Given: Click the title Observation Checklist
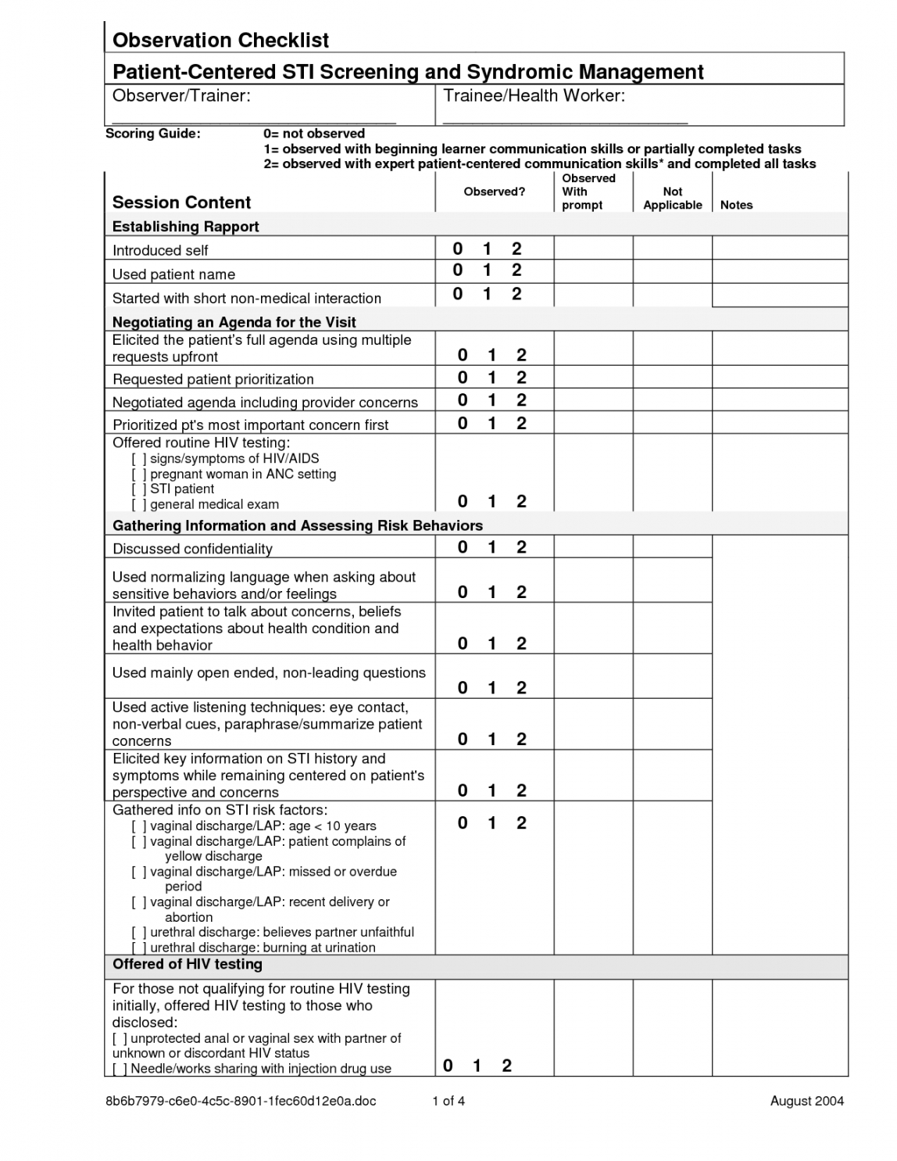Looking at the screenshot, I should tap(220, 40).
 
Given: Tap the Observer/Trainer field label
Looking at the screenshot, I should tap(181, 95).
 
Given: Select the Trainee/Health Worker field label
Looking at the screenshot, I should tap(534, 95).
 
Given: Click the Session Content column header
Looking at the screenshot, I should tap(181, 202).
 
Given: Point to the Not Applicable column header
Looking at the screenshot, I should tap(672, 198).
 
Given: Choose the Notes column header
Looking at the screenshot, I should tap(736, 205).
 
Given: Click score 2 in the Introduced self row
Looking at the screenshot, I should tap(516, 249).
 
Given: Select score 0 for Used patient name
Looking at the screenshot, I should tap(458, 271).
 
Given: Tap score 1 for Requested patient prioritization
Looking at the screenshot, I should tap(491, 378).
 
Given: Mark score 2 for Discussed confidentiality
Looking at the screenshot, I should tap(521, 547).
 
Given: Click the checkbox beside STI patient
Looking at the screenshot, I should tap(139, 489).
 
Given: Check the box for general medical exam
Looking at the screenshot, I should tap(139, 505).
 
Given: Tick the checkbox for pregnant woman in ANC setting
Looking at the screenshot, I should tap(139, 475).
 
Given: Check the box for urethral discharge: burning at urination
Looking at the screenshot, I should tap(139, 948).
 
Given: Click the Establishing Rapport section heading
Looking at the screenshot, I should tap(185, 227).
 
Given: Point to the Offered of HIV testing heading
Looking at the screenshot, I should tap(188, 965).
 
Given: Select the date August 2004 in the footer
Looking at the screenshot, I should tap(806, 1101).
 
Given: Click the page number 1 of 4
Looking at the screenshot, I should tap(448, 1101).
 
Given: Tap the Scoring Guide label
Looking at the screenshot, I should tap(153, 134).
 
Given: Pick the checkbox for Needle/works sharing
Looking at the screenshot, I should tap(120, 1069).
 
